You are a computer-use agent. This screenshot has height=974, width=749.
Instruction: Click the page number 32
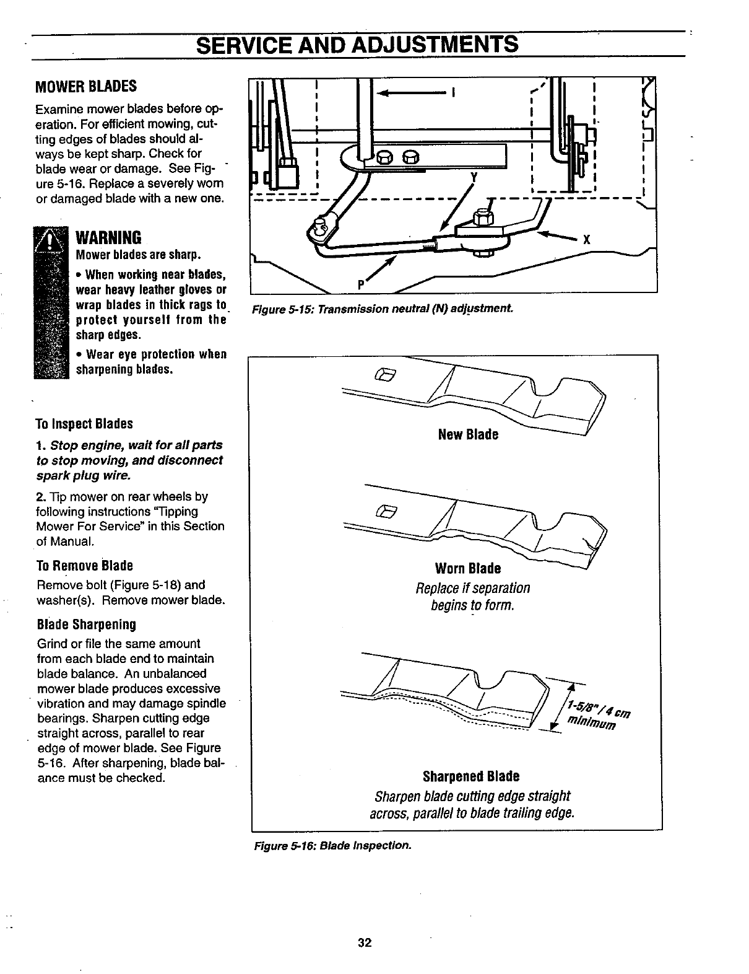coord(364,942)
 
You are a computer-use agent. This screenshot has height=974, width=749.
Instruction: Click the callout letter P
coord(360,284)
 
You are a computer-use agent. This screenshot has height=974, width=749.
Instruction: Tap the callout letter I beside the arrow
coord(455,94)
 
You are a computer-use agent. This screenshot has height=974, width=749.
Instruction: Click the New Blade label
coord(468,434)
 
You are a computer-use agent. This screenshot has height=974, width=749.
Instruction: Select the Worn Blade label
coord(468,568)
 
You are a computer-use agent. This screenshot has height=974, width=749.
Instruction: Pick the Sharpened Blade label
coord(471,776)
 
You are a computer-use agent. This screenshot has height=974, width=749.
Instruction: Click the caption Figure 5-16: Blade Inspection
coord(331,845)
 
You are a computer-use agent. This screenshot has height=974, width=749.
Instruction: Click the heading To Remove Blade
coord(85,566)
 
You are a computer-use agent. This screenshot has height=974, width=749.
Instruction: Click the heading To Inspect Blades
coord(85,424)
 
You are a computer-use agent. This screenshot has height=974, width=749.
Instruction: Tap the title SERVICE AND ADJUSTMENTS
coord(357,45)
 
